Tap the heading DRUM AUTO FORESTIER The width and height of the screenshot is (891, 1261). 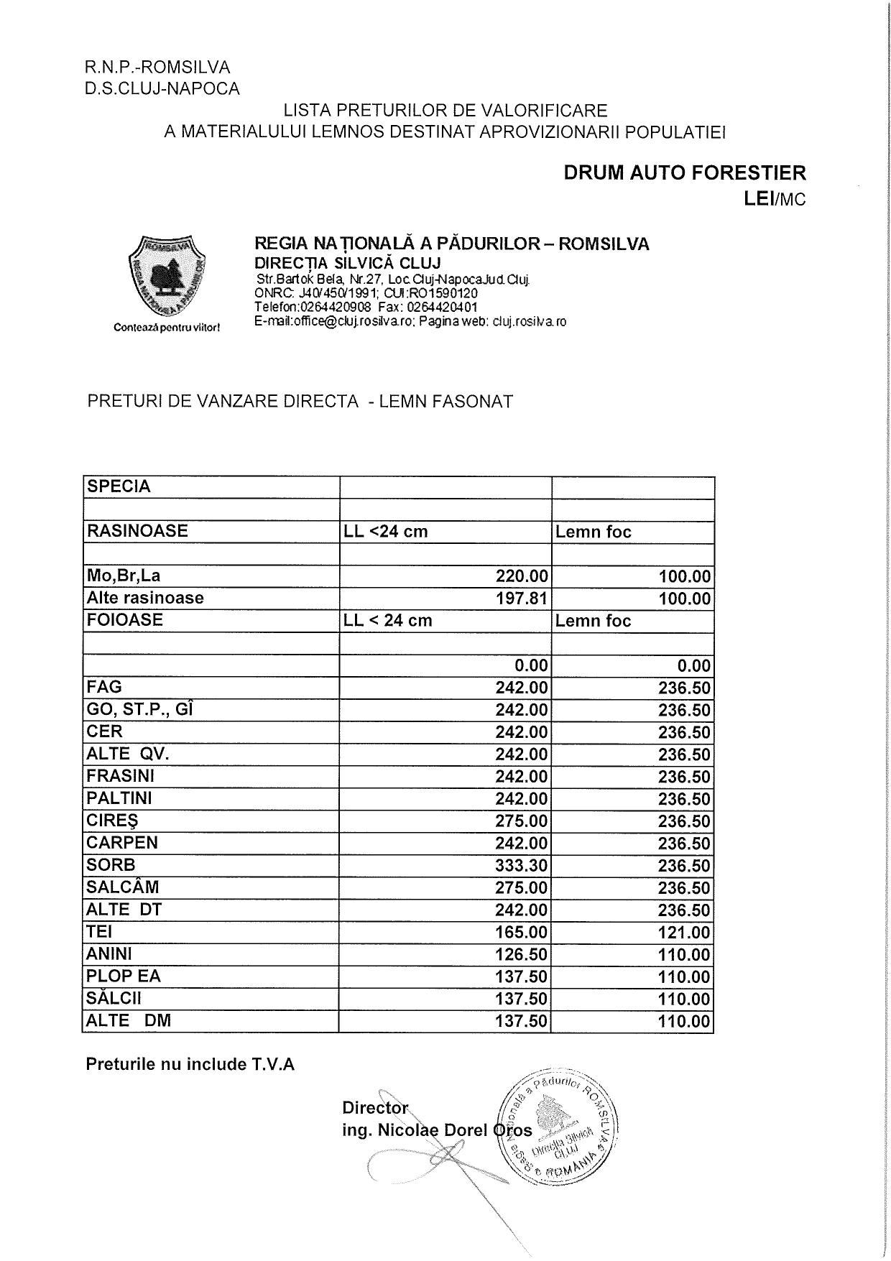coord(684,173)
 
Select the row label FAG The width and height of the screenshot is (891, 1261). coord(105,686)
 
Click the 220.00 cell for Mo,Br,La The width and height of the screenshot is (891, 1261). coord(522,576)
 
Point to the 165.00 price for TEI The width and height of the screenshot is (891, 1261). coord(522,932)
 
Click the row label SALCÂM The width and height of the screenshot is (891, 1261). coord(123,887)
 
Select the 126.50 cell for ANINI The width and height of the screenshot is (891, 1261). coord(522,954)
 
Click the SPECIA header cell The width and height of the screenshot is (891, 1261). coord(119,486)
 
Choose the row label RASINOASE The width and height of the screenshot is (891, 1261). coord(137,531)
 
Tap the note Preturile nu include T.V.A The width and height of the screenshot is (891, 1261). coord(190,1064)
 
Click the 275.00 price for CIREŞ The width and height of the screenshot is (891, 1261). coord(522,821)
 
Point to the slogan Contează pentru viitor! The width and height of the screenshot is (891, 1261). coord(167,328)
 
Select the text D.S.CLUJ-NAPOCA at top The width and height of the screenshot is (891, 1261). coord(162,88)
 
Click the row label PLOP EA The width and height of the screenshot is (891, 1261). coord(124,976)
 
